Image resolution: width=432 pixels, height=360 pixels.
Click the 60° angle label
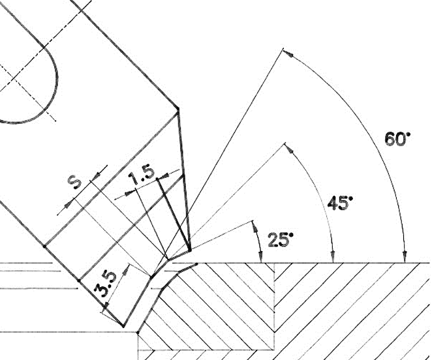coord(397,139)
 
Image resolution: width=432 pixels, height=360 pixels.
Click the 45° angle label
coord(340,203)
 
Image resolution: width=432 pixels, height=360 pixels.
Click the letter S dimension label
coord(74,183)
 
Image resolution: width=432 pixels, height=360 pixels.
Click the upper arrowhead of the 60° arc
coord(288,53)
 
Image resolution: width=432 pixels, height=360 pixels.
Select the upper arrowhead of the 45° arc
coord(288,148)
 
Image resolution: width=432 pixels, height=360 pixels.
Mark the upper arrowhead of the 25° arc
coord(255,227)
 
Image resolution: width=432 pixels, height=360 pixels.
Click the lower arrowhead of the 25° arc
coord(261,257)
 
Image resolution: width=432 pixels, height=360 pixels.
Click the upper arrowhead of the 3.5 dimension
coord(126,270)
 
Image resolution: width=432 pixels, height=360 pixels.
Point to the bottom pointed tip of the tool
coord(123,327)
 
